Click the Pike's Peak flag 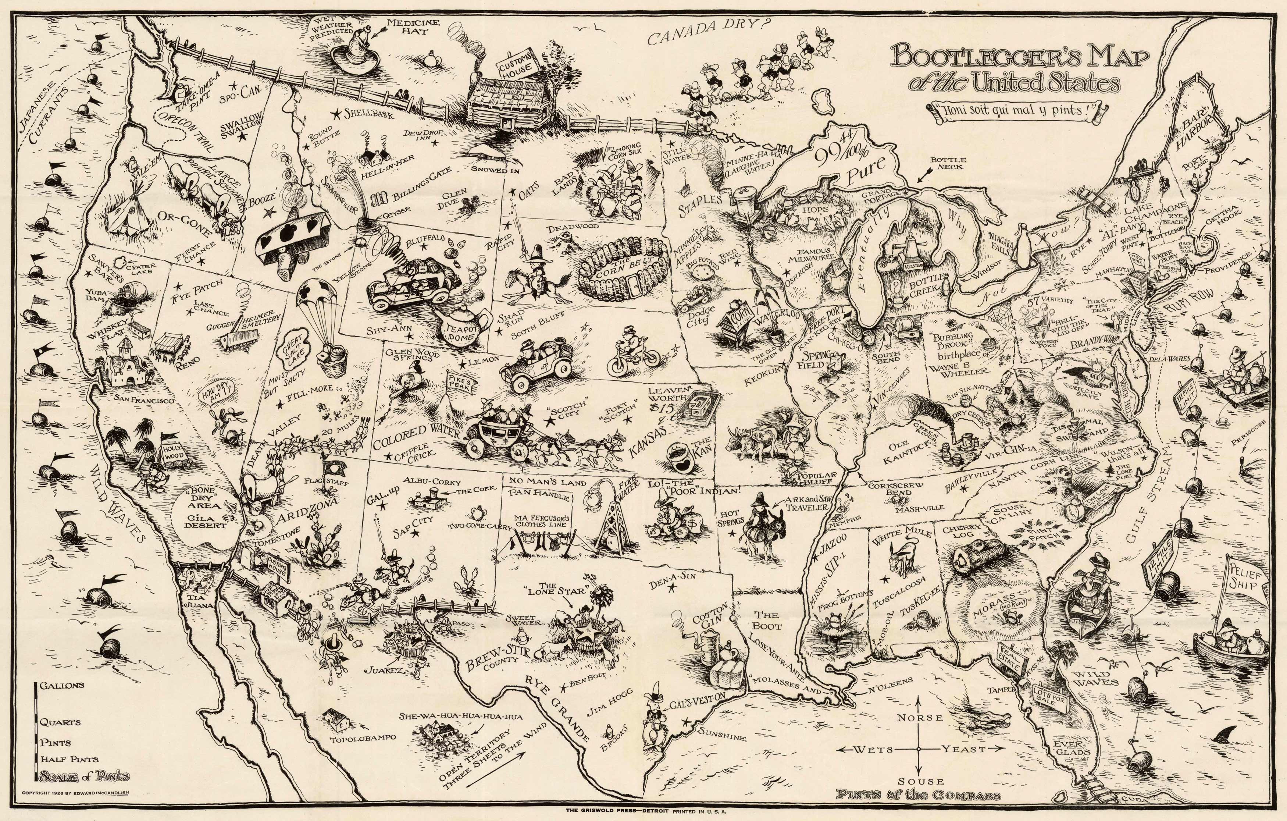coord(457,381)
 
